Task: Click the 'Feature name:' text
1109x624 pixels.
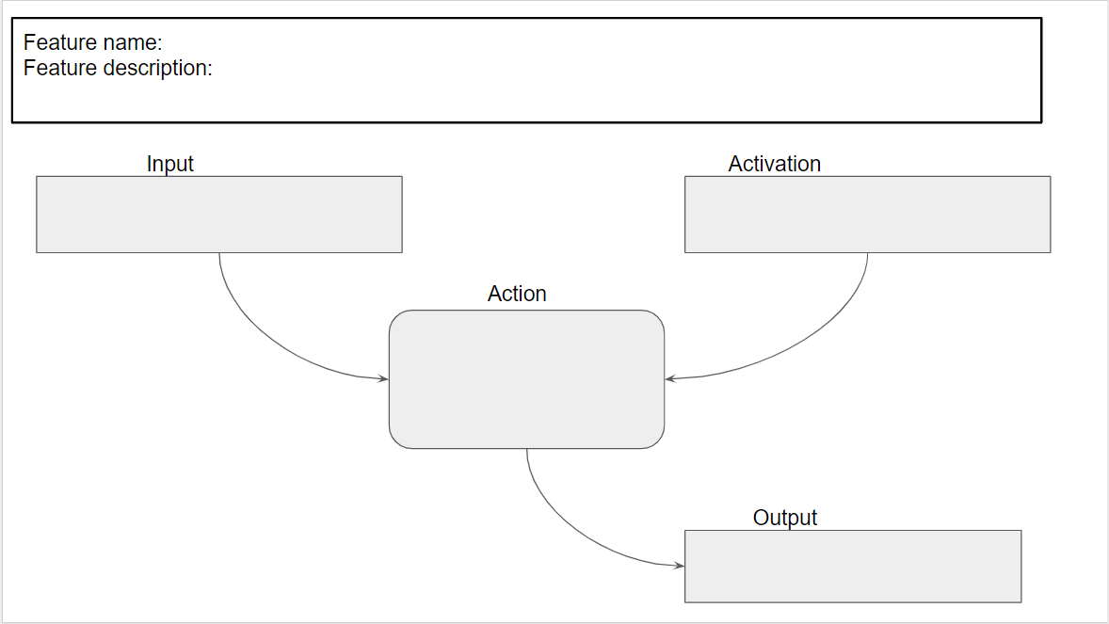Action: (93, 42)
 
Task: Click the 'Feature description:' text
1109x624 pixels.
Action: (118, 68)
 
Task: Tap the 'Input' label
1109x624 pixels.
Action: (169, 164)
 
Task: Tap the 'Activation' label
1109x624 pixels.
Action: (774, 164)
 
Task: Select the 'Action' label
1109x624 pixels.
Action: (517, 294)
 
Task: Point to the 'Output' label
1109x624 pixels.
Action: (785, 518)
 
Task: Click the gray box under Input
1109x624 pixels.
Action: (218, 214)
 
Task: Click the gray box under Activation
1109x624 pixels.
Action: (867, 214)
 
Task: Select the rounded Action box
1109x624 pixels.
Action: (526, 379)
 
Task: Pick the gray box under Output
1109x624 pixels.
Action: (852, 566)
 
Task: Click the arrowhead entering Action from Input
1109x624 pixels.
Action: (383, 378)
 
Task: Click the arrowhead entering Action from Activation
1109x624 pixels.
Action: (670, 378)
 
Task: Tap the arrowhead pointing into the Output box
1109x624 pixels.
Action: (679, 566)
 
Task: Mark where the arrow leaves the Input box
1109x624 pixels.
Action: (219, 253)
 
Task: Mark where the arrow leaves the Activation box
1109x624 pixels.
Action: (867, 253)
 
